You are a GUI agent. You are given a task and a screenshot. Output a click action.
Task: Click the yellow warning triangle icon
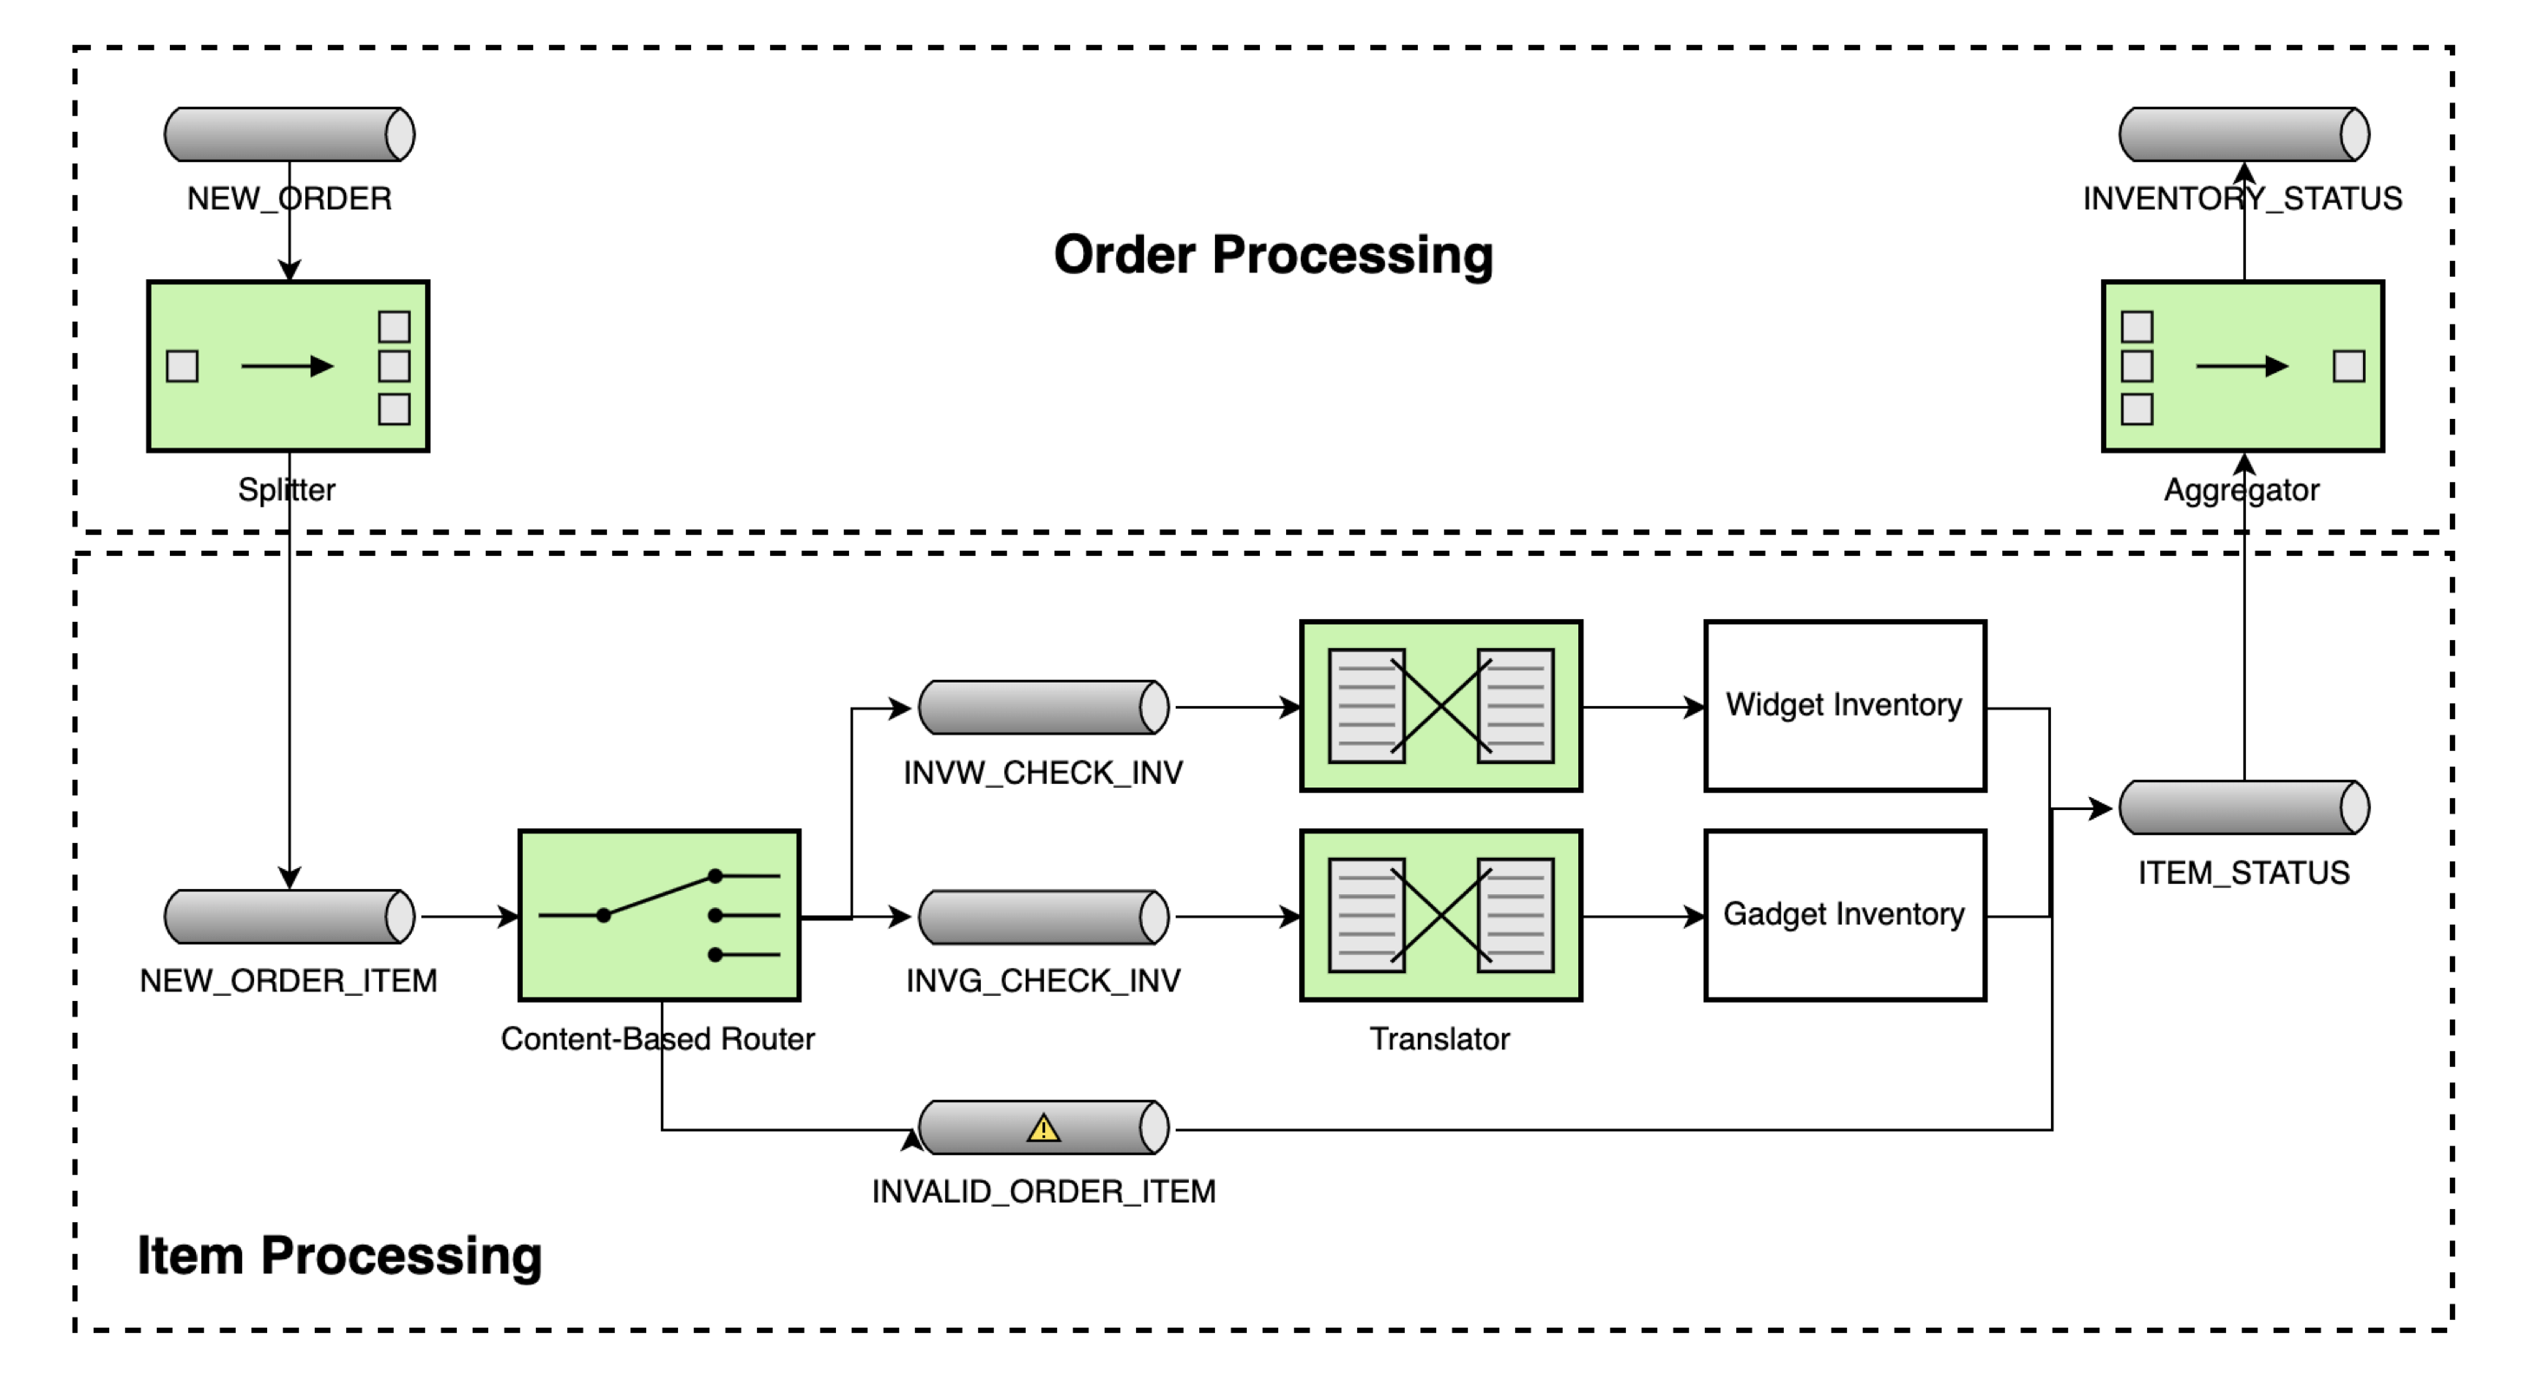point(1044,1127)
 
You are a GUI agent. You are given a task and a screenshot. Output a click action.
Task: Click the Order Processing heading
point(1273,255)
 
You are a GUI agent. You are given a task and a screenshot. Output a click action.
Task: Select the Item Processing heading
point(339,1256)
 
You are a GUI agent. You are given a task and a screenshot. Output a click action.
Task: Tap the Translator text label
point(1439,1039)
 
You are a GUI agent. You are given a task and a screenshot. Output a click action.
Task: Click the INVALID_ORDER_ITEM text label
point(1044,1191)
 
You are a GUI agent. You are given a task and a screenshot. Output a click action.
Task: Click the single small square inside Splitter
point(182,367)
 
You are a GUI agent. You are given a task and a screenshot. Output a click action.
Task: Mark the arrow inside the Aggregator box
point(2242,367)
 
